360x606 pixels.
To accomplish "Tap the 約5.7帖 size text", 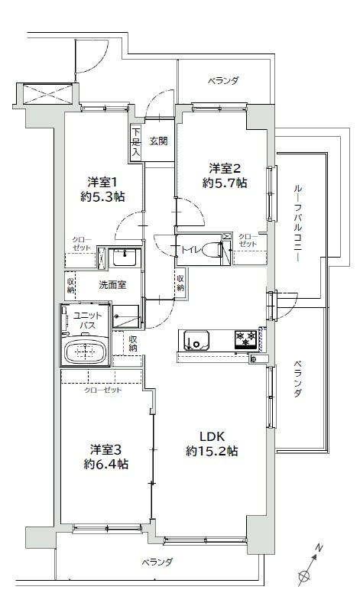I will [225, 183].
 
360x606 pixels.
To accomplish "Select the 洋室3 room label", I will [106, 449].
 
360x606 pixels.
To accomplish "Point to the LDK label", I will [212, 436].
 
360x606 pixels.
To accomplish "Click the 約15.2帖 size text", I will [212, 452].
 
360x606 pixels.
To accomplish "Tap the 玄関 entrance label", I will [158, 141].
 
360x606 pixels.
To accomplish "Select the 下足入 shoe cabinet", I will [135, 141].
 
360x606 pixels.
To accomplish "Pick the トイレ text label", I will [190, 248].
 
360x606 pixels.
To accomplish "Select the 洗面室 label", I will [112, 284].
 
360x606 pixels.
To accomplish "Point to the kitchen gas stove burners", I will [246, 335].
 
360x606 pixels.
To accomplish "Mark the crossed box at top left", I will [47, 95].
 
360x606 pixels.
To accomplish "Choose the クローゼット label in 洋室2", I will [248, 240].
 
